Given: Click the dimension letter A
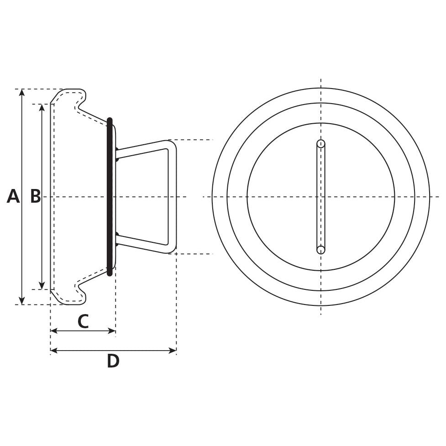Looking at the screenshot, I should (x=13, y=196).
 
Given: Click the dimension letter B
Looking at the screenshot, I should (x=35, y=196).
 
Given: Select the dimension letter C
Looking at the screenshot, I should (x=83, y=321).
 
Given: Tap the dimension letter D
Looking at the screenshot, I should (x=113, y=361).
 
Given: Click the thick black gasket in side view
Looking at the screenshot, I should (x=110, y=197).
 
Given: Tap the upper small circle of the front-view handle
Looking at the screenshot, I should (x=321, y=144).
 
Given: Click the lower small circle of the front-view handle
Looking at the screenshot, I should (x=321, y=250).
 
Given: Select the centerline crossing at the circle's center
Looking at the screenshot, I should (x=321, y=197).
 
